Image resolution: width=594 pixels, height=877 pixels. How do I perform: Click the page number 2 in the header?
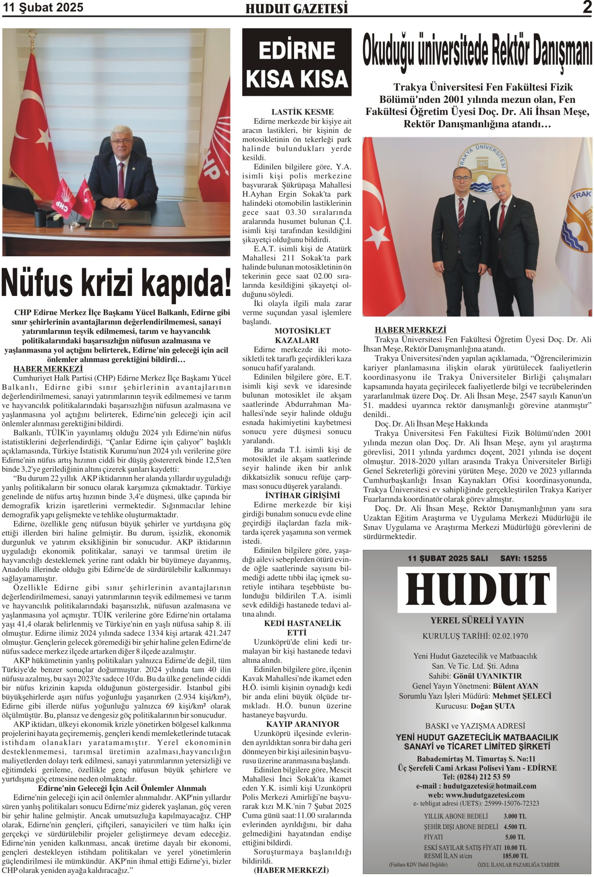click(586, 7)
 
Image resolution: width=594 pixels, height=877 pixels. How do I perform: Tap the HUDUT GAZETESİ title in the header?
click(296, 9)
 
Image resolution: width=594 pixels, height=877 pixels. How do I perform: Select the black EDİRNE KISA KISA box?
click(296, 62)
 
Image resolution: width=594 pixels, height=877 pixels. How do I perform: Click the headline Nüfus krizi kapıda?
click(116, 283)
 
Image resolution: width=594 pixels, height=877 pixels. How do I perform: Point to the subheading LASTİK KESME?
click(302, 112)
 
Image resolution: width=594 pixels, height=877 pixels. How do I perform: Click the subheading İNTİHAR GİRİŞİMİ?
click(302, 495)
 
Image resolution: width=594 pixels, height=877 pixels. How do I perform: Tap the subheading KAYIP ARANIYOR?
click(302, 724)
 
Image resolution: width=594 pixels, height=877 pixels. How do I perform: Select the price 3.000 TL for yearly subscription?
click(515, 816)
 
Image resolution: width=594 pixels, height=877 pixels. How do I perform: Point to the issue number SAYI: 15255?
click(523, 558)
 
